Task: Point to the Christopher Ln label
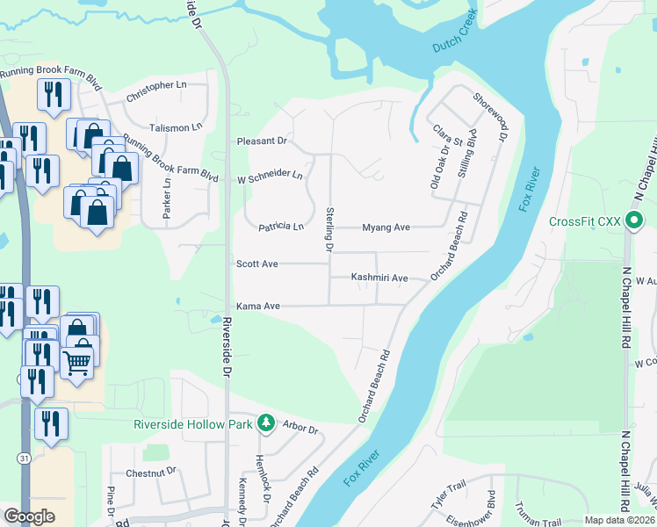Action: point(157,85)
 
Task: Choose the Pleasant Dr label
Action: point(262,141)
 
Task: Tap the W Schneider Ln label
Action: point(270,176)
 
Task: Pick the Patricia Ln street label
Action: point(280,227)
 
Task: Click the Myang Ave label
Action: point(386,227)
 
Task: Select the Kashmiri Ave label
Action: point(379,278)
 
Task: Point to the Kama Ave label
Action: point(257,306)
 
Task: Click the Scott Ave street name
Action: point(257,263)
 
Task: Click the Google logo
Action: point(29,516)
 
